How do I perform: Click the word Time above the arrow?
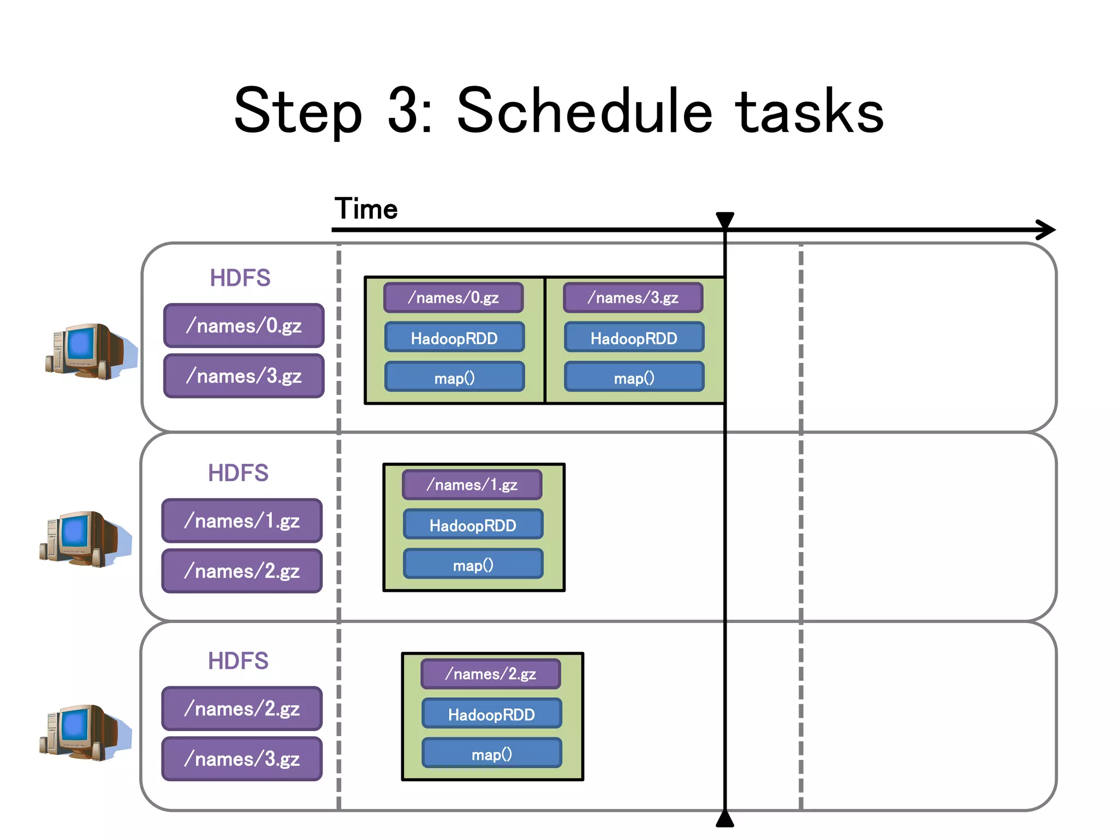(x=366, y=209)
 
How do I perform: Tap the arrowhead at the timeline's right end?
(x=1046, y=230)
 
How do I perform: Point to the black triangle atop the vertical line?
(x=725, y=219)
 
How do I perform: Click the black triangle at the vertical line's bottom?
(x=725, y=819)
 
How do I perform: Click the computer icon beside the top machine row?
(x=90, y=351)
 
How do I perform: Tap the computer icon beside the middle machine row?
(x=85, y=539)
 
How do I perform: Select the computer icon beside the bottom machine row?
(x=85, y=732)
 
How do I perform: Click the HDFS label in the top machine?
(x=240, y=278)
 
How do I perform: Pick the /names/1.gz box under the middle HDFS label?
(x=242, y=521)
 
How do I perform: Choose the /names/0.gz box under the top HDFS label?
(x=243, y=326)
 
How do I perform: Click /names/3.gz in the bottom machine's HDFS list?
(x=242, y=759)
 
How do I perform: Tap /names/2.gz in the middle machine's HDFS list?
(x=242, y=571)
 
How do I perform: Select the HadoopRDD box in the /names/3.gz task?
(x=634, y=338)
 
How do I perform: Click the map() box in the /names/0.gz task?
(x=454, y=378)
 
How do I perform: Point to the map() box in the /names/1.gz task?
(x=473, y=565)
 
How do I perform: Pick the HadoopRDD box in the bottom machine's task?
(x=491, y=714)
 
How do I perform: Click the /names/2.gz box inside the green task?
(x=490, y=674)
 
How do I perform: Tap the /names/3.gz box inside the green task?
(x=633, y=298)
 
